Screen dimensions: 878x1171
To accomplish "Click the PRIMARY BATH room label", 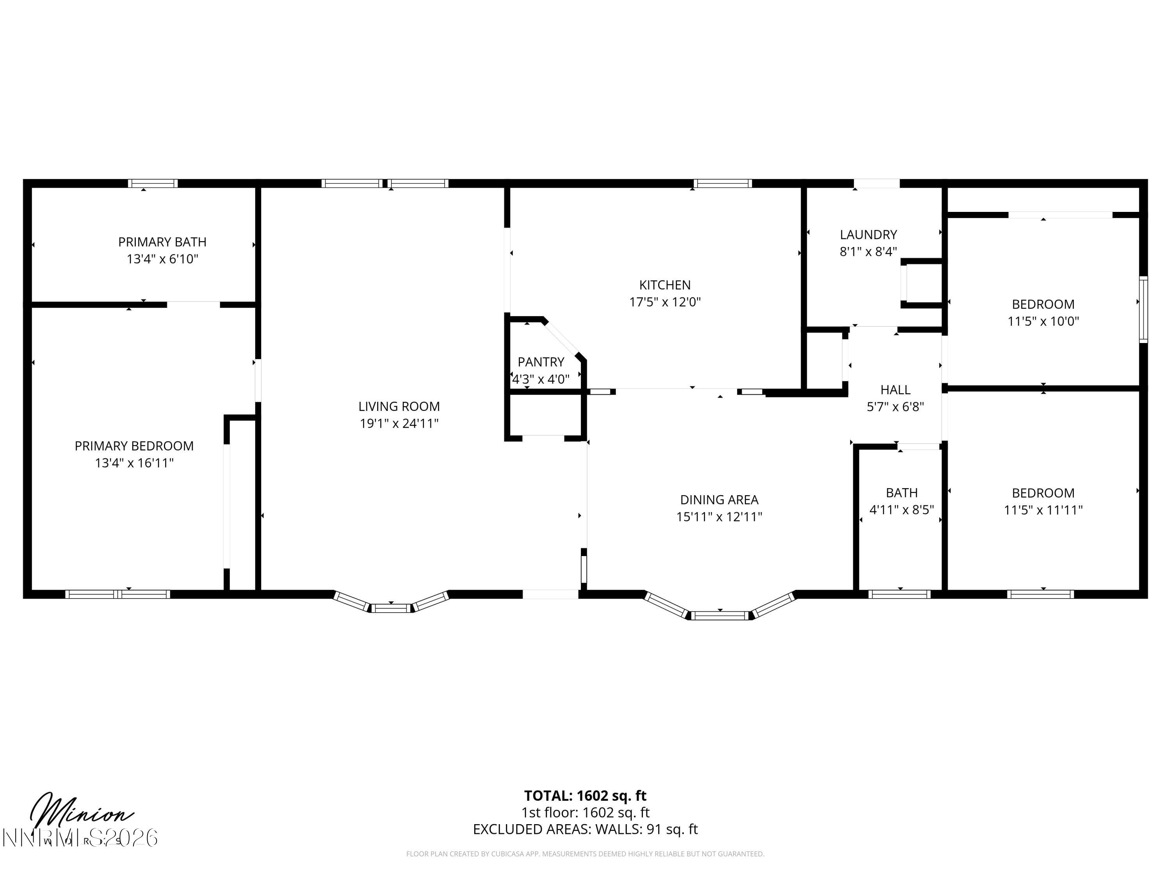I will click(162, 242).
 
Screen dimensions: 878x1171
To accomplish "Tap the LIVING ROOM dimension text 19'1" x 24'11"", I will click(399, 423).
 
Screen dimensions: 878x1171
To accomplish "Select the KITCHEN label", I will click(665, 285).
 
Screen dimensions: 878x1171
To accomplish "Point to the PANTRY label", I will click(541, 362).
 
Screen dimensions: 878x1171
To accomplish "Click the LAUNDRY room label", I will click(868, 235).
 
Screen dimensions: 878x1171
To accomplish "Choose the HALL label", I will click(895, 390).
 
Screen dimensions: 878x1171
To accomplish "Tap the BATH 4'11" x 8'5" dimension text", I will click(902, 510).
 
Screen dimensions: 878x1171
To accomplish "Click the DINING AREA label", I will click(719, 499).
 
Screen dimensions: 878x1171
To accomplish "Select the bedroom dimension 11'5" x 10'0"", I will click(1043, 321).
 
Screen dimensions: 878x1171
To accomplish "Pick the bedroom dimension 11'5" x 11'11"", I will click(1043, 510).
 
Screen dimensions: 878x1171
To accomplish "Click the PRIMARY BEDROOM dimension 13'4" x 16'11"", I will click(134, 463).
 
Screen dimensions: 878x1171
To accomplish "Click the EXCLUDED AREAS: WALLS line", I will click(585, 829).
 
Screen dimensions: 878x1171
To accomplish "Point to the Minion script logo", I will click(79, 812).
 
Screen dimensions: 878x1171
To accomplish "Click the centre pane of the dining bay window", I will click(720, 615).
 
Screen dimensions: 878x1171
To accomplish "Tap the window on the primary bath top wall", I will click(153, 184).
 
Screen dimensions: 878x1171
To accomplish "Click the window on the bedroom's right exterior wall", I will click(1143, 309).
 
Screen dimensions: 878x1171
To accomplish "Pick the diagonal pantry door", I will click(563, 339).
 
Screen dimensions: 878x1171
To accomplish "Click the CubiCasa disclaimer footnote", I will click(585, 854).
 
